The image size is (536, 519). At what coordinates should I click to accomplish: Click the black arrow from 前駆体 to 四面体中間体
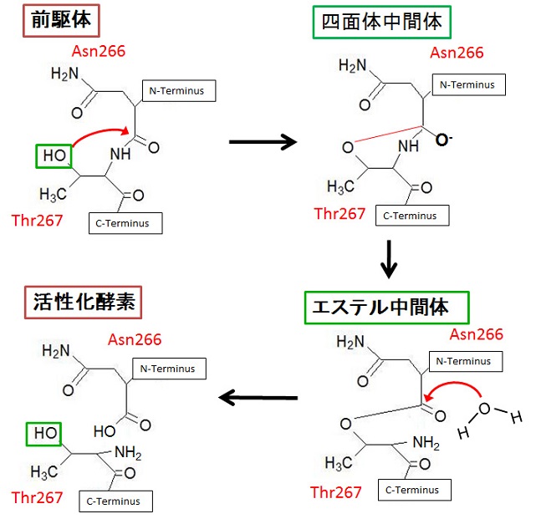coord(263,141)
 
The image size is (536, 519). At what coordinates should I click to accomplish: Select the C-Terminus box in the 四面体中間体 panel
coord(411,215)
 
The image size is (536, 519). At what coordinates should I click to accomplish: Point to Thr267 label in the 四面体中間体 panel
coord(340,213)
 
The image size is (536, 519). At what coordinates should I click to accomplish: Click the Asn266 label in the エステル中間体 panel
coord(477,334)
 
